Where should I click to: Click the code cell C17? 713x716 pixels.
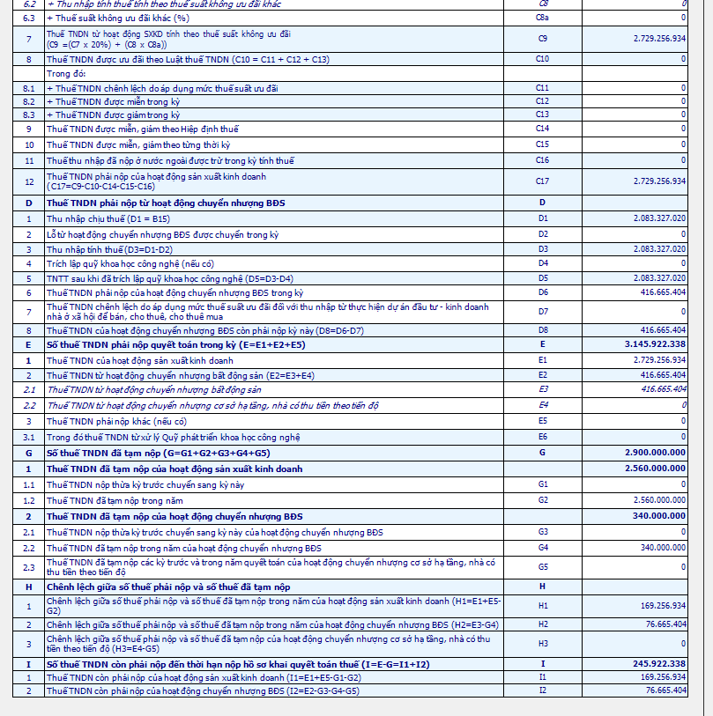(x=542, y=181)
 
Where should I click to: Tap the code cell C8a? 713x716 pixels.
(x=542, y=18)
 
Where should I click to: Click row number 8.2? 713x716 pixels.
(x=28, y=101)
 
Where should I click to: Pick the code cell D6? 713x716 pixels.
(x=542, y=292)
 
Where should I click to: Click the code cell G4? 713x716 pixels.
(x=542, y=548)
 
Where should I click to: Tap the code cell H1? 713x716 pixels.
(x=542, y=605)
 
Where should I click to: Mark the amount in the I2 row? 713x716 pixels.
(x=665, y=690)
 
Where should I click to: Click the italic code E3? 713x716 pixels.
(x=542, y=388)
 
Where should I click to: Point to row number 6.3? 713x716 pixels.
(x=28, y=18)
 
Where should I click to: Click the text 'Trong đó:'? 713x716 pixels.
(x=64, y=74)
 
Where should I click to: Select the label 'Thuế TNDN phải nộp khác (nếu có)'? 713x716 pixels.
(x=116, y=422)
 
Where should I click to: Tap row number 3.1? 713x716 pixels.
(x=28, y=437)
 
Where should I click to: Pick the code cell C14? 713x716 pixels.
(x=542, y=129)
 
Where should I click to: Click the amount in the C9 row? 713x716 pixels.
(x=659, y=39)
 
